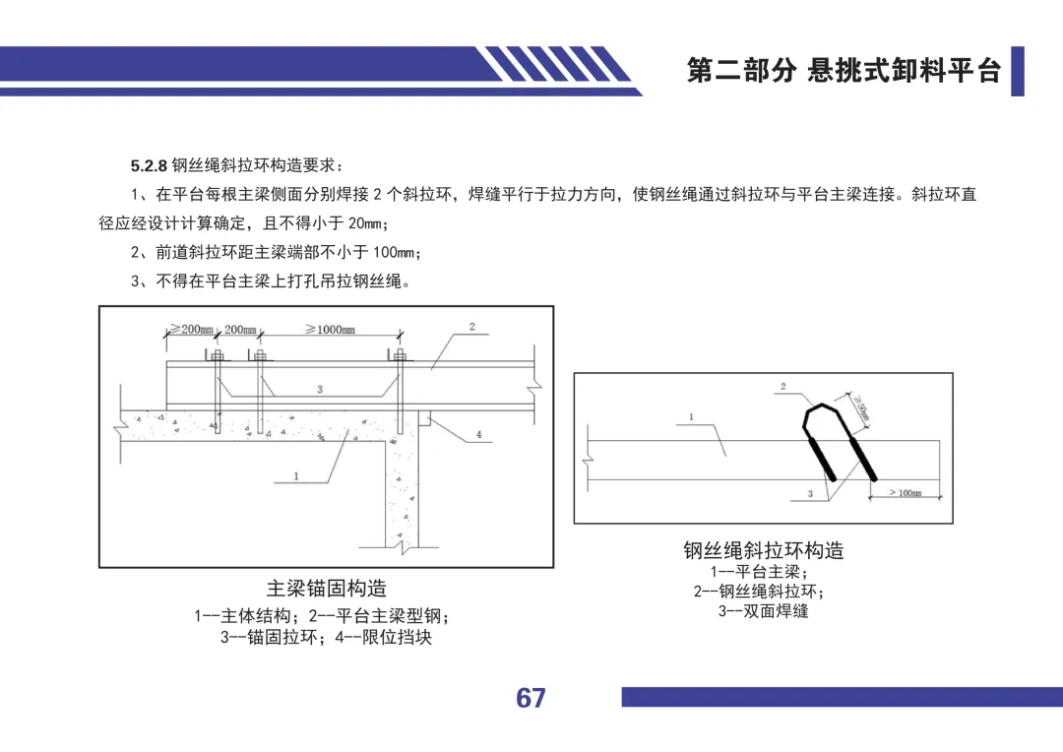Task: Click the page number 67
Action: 531,698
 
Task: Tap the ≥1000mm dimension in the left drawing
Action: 330,330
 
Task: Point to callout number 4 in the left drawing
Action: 478,434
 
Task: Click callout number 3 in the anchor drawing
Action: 320,390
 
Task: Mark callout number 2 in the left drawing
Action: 471,326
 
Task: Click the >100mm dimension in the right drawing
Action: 905,492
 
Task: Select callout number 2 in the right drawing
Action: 783,387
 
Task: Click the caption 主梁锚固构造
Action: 327,589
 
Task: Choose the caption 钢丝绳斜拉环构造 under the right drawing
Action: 764,549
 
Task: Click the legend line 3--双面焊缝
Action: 764,611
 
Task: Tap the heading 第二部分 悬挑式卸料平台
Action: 844,71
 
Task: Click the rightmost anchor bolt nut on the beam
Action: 399,356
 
